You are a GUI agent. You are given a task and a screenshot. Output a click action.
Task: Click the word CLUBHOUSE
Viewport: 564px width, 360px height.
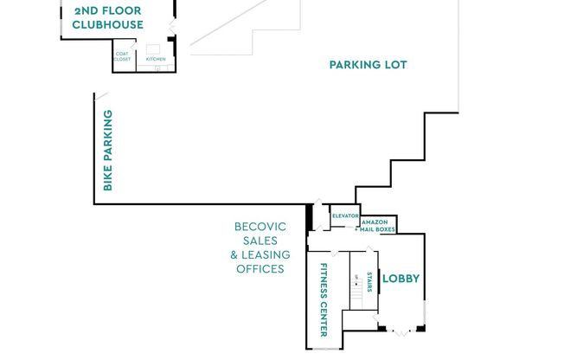pos(107,25)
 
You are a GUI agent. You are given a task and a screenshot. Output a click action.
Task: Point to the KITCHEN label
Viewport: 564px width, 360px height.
pos(156,59)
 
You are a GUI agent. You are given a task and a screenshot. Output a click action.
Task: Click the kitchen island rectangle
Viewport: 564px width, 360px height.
pos(154,48)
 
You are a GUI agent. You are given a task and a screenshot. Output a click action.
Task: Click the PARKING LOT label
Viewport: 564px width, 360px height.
pos(368,65)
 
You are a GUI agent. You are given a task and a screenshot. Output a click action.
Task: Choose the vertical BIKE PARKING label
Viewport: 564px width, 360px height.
pos(108,151)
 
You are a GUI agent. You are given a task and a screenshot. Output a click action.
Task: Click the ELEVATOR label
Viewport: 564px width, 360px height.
pos(345,215)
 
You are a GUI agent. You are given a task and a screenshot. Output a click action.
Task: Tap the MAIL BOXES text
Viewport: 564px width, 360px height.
pos(379,230)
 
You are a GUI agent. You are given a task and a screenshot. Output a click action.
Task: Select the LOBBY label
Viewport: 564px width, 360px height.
pos(401,279)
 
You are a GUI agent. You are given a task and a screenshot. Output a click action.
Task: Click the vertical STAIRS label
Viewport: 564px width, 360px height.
pos(369,281)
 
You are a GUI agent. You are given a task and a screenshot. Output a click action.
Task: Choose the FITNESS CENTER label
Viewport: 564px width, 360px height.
pos(324,299)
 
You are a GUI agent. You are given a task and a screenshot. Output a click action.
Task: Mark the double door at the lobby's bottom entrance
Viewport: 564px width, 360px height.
pos(400,329)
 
